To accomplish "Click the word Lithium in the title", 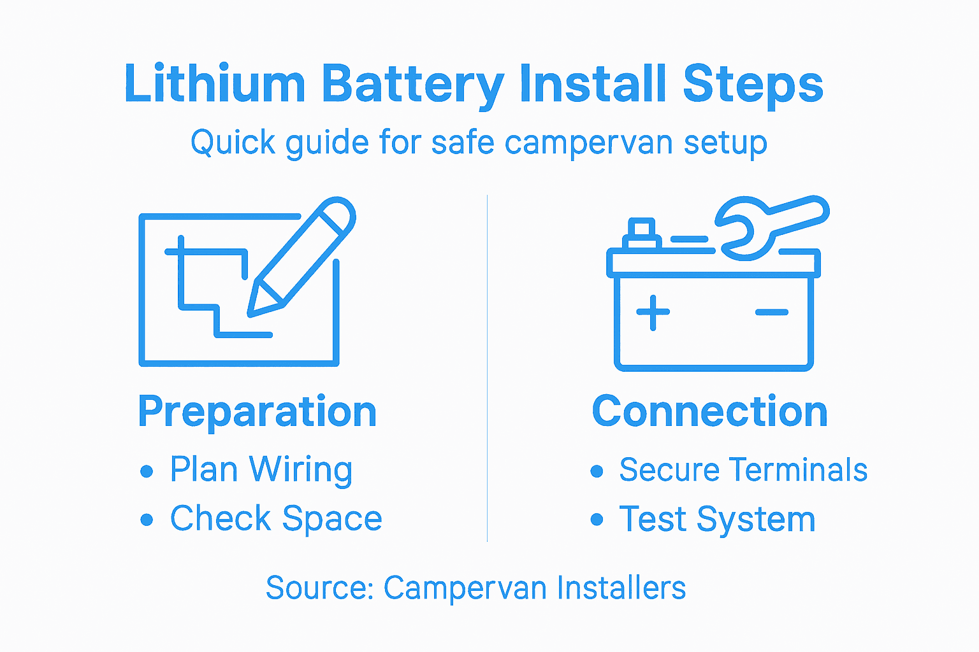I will [x=215, y=84].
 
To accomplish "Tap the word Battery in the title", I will [x=412, y=84].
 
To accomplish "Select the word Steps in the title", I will [x=753, y=84].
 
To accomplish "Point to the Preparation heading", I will [x=257, y=411].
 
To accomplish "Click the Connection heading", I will [x=709, y=411].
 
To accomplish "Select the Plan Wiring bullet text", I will [x=261, y=470].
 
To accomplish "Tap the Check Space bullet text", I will [x=276, y=518].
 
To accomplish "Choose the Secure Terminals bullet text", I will [x=743, y=470].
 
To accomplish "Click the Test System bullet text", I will [x=717, y=520].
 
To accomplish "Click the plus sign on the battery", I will [x=653, y=313].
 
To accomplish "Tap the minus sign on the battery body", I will [x=772, y=313].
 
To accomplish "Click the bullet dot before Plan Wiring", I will [x=147, y=471].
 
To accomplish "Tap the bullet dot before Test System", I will [x=597, y=520].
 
